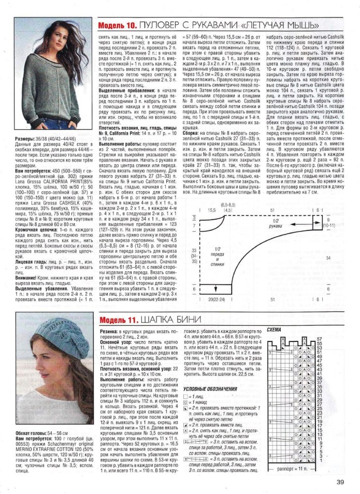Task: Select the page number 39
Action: click(x=340, y=483)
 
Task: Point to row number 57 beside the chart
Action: click(x=320, y=339)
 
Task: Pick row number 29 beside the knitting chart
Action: click(x=320, y=399)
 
